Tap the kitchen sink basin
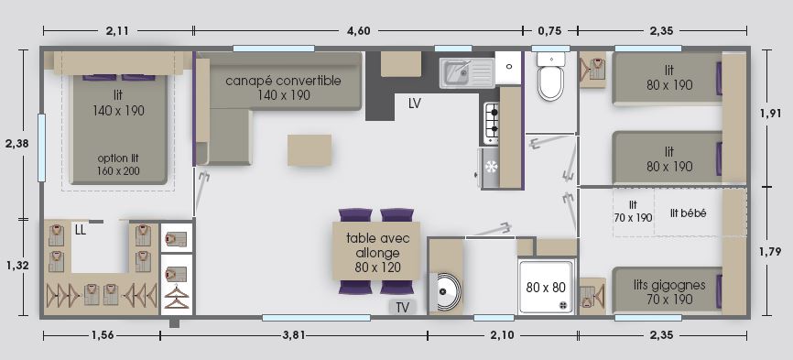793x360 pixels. point(456,71)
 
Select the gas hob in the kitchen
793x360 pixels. point(492,122)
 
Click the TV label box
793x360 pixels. point(402,307)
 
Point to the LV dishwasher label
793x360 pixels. point(415,104)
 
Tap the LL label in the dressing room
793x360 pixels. point(80,230)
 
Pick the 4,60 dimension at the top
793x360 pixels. point(359,30)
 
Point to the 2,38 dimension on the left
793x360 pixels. point(16,144)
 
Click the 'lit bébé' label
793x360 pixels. point(687,213)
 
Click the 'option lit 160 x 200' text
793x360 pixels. point(118,164)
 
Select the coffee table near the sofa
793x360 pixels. point(310,149)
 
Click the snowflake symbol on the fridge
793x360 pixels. point(490,167)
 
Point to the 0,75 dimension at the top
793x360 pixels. point(550,30)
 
